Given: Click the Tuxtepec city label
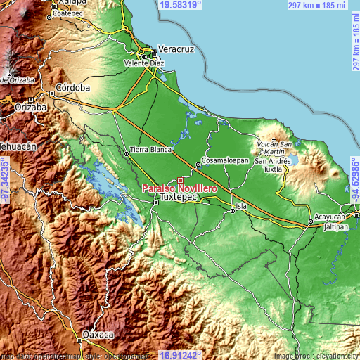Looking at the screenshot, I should coord(178,198).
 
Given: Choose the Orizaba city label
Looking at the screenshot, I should coord(31,108).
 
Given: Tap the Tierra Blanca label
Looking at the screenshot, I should coord(146,150).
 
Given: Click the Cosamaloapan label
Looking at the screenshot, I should coord(224,160).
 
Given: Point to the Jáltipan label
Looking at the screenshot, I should coord(336,228).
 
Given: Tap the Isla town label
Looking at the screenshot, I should coord(241,206).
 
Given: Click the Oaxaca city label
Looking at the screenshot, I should coord(98,334).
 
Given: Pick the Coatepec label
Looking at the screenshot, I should coord(67,13).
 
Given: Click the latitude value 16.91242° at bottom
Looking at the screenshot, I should coord(181,355).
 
